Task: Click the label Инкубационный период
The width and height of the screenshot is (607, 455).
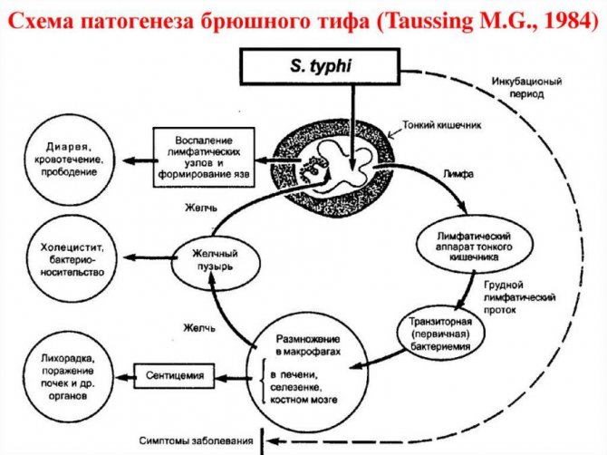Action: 526,88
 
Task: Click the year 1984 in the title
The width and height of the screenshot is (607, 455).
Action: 568,20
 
